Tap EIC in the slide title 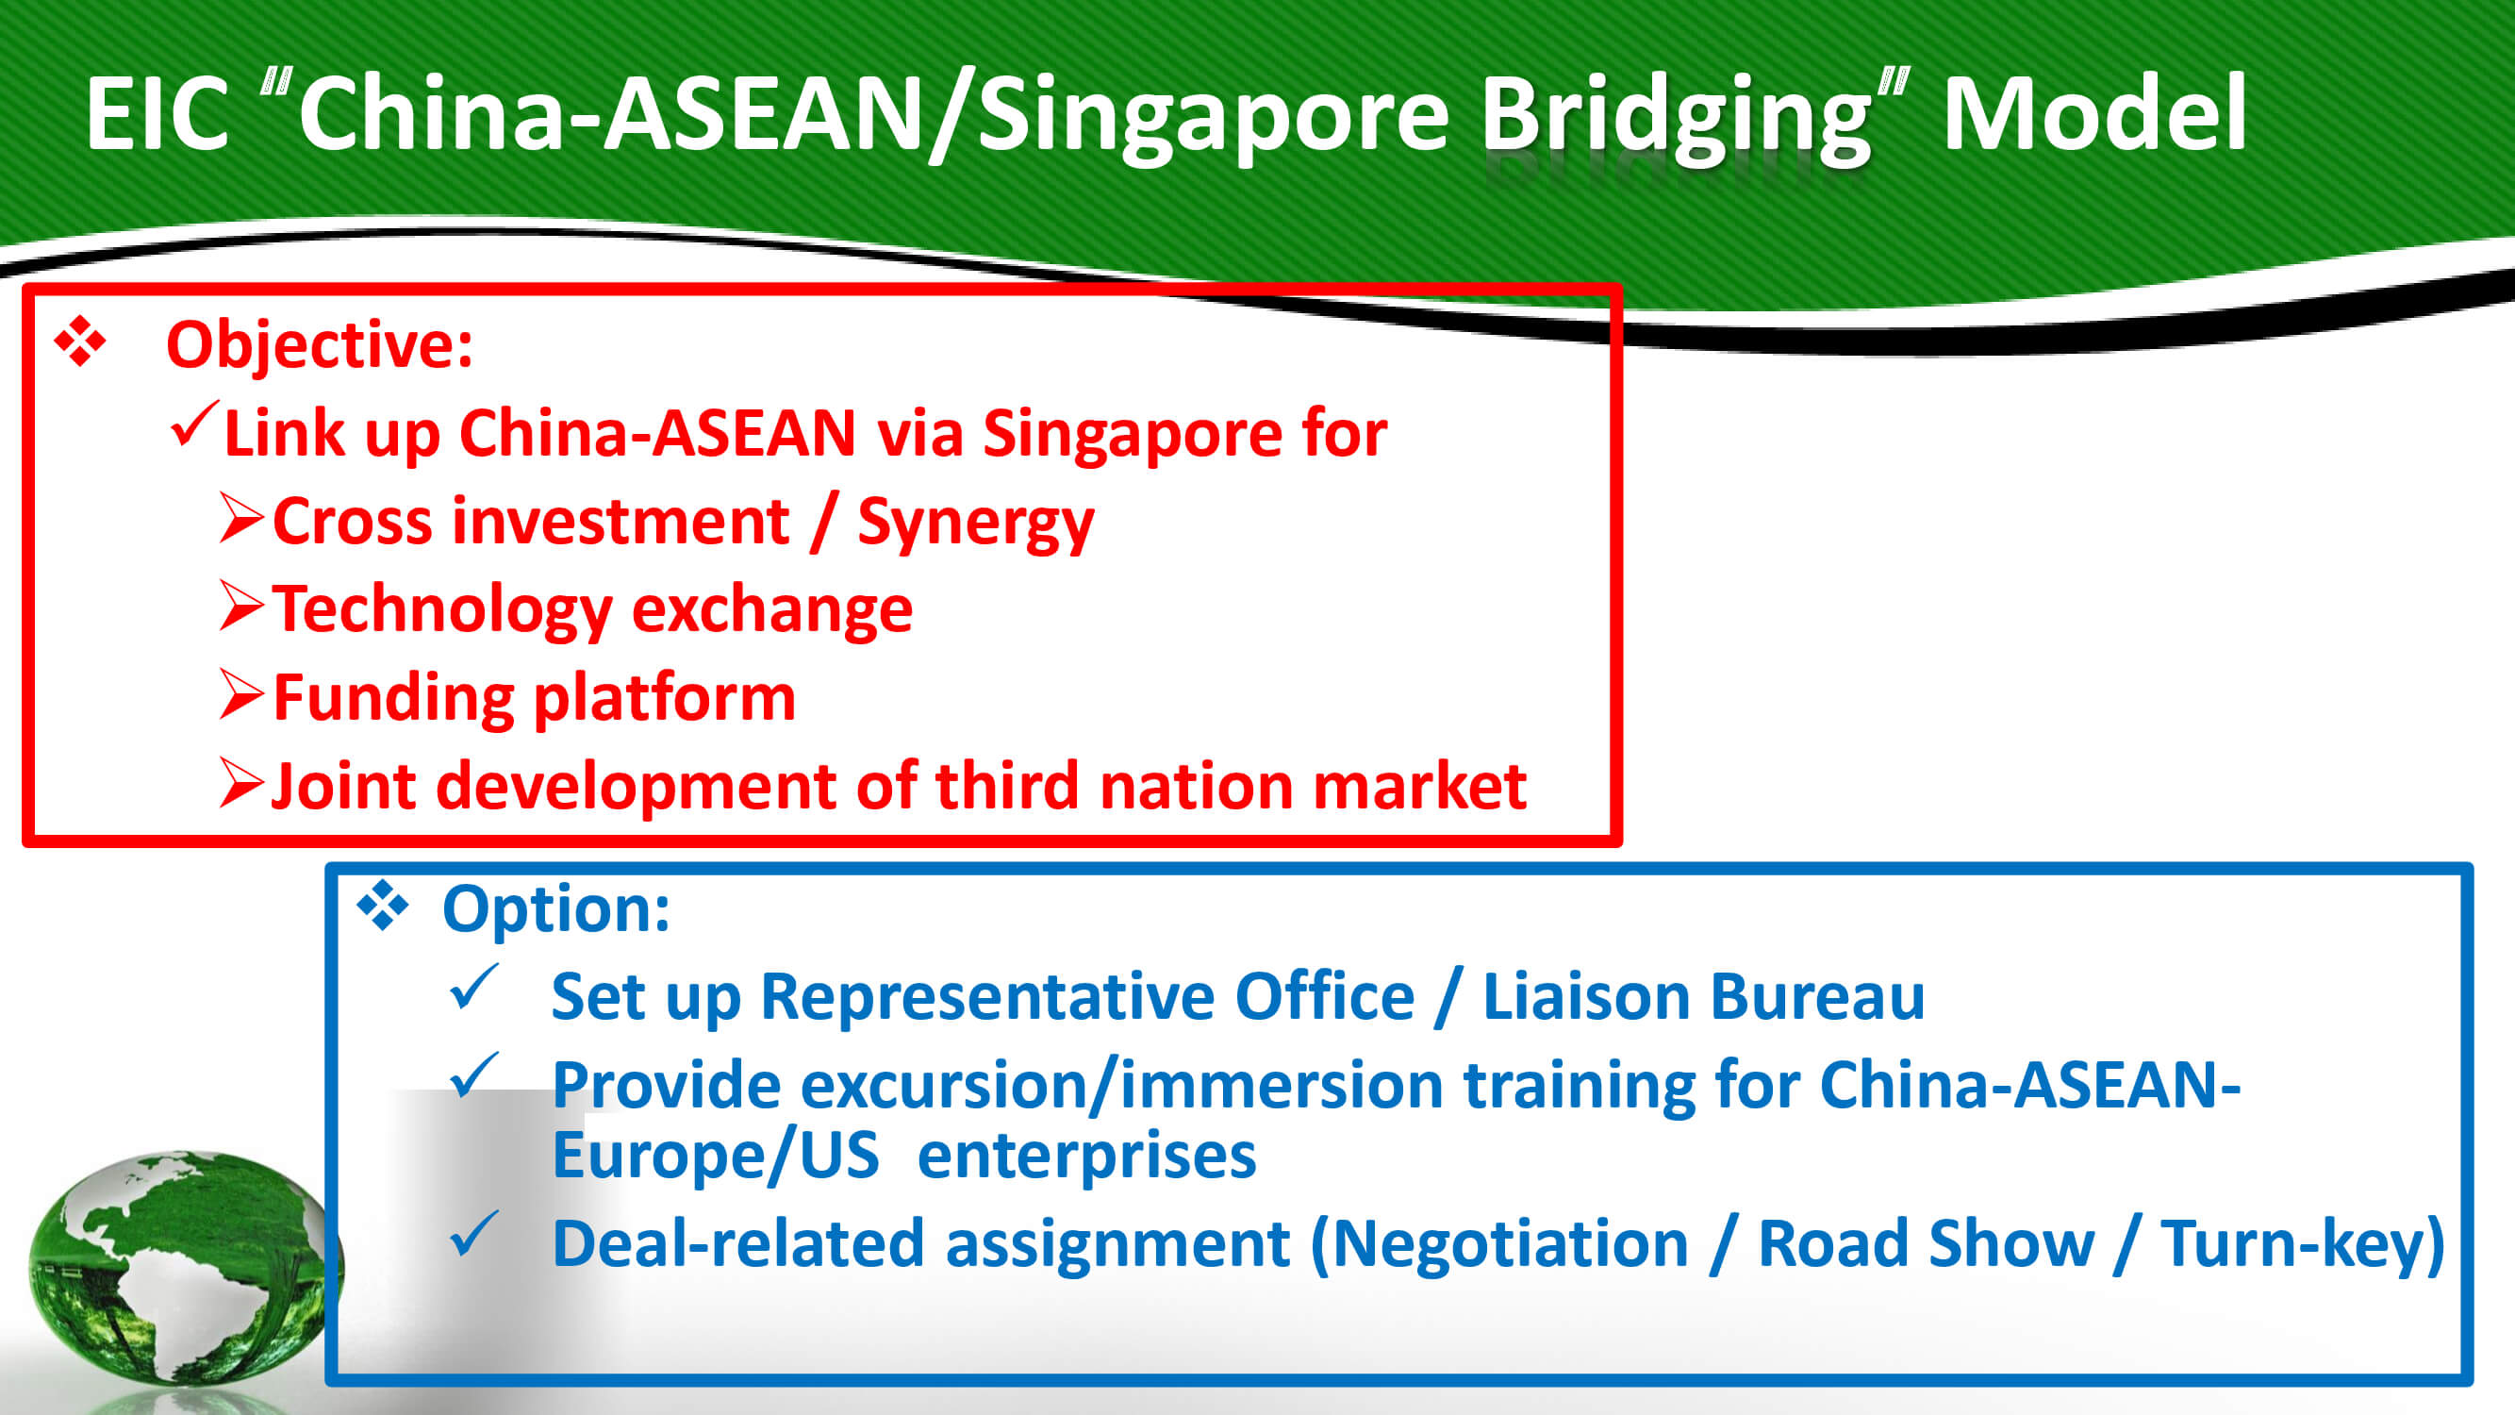click(157, 114)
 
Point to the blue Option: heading click(556, 908)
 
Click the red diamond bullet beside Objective click(80, 341)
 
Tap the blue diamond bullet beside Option click(382, 906)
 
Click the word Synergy click(976, 524)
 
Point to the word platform click(664, 699)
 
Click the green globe click(186, 1268)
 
